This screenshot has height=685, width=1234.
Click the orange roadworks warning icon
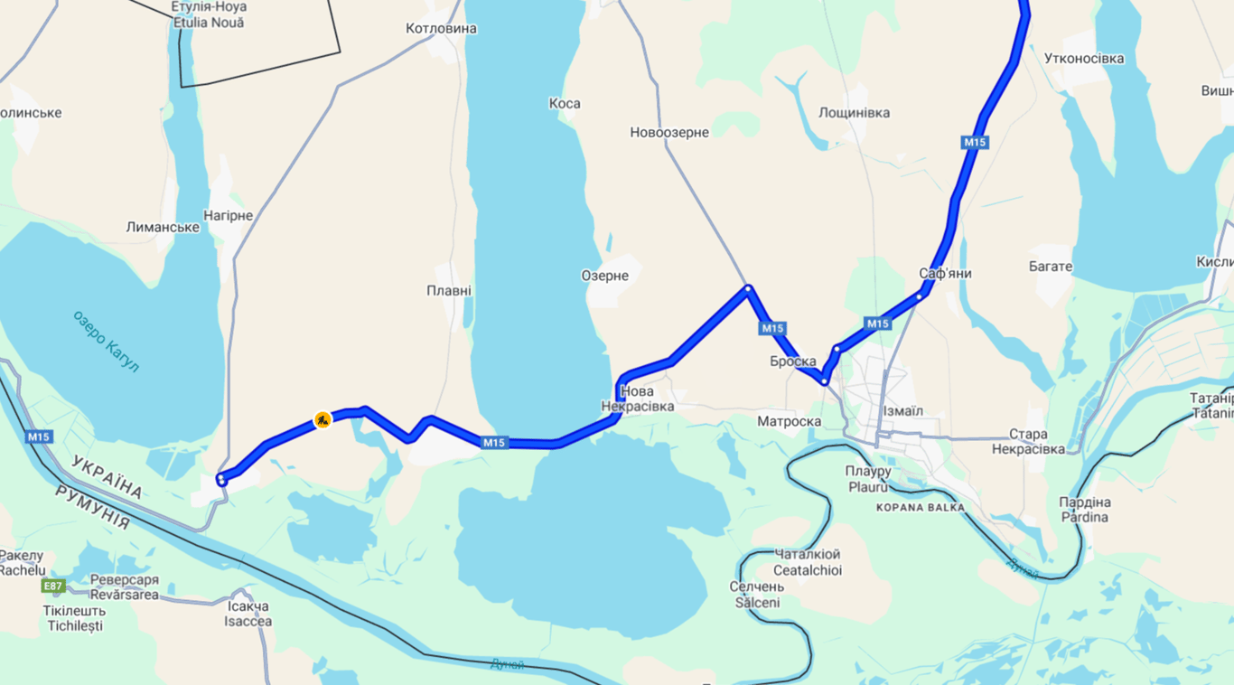pyautogui.click(x=323, y=419)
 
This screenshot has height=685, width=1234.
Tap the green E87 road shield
pyautogui.click(x=53, y=586)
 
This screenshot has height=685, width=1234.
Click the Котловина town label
pyautogui.click(x=441, y=29)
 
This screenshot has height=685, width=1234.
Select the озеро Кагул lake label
pyautogui.click(x=107, y=341)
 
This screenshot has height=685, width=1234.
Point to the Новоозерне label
pyautogui.click(x=669, y=133)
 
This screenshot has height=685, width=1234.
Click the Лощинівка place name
pyautogui.click(x=854, y=113)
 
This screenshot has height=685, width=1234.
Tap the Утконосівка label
pyautogui.click(x=1084, y=59)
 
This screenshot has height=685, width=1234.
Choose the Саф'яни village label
pyautogui.click(x=946, y=273)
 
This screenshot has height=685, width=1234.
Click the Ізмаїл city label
pyautogui.click(x=902, y=411)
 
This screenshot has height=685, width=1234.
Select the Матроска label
pyautogui.click(x=789, y=421)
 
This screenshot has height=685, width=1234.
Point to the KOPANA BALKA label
pyautogui.click(x=920, y=508)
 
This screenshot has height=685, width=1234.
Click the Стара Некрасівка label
pyautogui.click(x=1028, y=441)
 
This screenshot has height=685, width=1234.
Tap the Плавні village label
pyautogui.click(x=449, y=291)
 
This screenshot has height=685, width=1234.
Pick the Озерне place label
pyautogui.click(x=604, y=276)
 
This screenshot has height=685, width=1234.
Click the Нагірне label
pyautogui.click(x=229, y=216)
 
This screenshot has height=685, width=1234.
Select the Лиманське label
pyautogui.click(x=163, y=227)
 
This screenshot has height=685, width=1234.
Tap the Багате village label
pyautogui.click(x=1051, y=267)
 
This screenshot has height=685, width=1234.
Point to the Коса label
pyautogui.click(x=565, y=104)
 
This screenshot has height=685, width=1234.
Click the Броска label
pyautogui.click(x=793, y=361)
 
